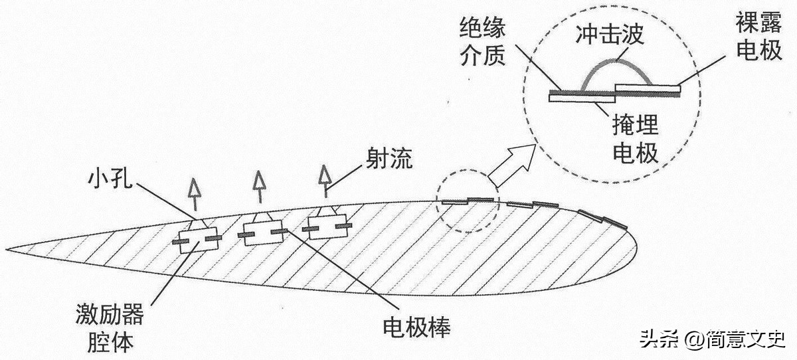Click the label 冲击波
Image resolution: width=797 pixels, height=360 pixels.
coord(610,35)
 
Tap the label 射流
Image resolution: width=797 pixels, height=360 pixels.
coord(390,159)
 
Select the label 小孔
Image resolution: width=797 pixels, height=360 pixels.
coord(110,178)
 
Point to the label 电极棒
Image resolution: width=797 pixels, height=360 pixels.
coord(416,327)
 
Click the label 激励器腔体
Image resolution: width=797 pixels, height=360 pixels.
coord(110,327)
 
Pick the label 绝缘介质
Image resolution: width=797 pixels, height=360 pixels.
coord(482,42)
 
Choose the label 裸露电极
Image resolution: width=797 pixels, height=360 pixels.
coord(759,36)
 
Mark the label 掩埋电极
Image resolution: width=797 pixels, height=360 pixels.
coord(635,139)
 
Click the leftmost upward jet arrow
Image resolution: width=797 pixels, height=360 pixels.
coord(194,194)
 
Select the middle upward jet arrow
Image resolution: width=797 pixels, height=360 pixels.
coord(260,187)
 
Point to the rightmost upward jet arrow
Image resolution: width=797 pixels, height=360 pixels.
coord(325,181)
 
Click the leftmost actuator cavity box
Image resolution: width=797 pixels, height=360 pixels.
coord(198,240)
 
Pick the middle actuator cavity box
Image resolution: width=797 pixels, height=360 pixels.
coord(263,232)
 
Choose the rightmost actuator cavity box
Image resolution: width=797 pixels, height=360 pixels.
coord(327,226)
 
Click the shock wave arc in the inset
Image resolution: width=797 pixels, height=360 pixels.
coord(616,60)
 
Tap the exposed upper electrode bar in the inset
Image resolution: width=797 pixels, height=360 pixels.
coord(648,88)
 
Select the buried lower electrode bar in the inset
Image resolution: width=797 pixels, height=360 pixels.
coord(582,98)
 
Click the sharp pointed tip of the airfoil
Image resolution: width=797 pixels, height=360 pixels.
coord(6,249)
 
